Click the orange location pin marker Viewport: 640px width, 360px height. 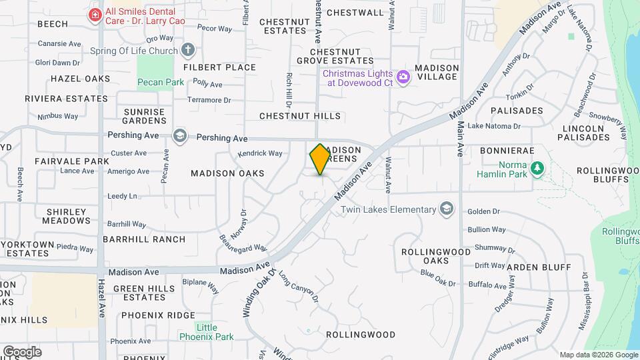[320, 159]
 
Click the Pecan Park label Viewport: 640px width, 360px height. [160, 83]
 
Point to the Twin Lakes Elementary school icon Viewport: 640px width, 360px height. [447, 209]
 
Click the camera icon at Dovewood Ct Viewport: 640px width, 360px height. [403, 77]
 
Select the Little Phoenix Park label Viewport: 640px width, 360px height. [207, 332]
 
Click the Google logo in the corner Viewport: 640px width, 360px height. [21, 351]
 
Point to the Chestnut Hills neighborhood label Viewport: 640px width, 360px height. [300, 116]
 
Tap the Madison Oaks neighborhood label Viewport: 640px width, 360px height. [227, 173]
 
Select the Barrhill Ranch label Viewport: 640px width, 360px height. [144, 239]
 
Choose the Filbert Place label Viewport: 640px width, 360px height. [219, 67]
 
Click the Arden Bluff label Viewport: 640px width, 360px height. [539, 267]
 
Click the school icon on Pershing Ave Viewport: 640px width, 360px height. [179, 136]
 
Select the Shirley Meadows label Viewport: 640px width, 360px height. [67, 216]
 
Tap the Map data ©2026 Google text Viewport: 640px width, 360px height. [598, 355]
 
